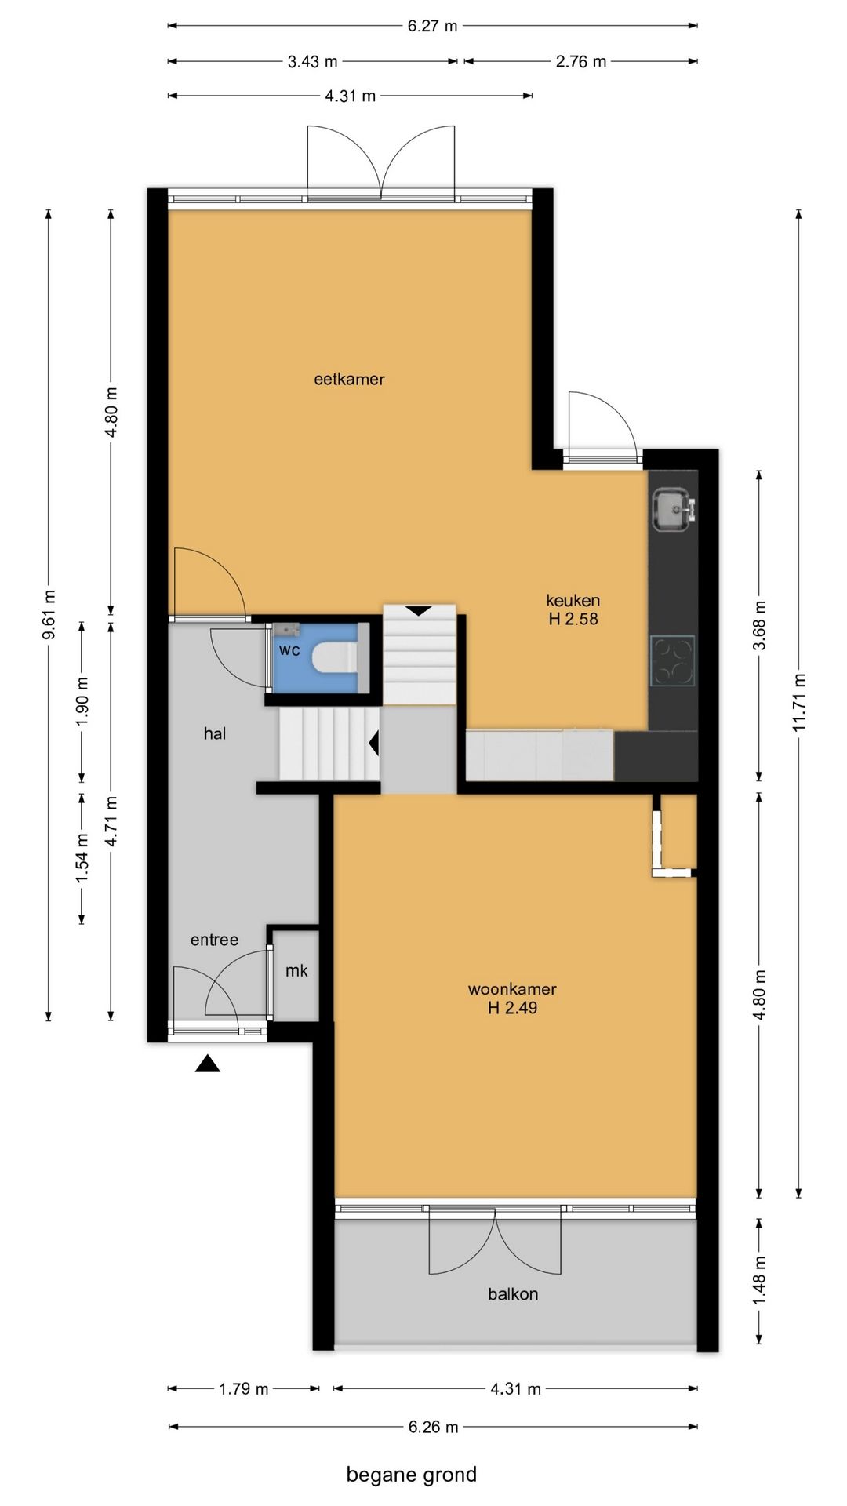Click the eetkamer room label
349,380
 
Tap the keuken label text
573,601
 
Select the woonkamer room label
512,990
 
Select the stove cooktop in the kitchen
673,660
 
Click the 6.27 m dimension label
432,26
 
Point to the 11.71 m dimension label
799,703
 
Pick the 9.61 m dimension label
49,614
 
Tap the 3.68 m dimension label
759,625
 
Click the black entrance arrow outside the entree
208,1064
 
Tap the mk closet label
296,971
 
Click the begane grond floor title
412,1475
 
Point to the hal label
215,734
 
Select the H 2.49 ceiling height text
512,1009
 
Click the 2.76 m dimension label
581,62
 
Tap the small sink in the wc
286,628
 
